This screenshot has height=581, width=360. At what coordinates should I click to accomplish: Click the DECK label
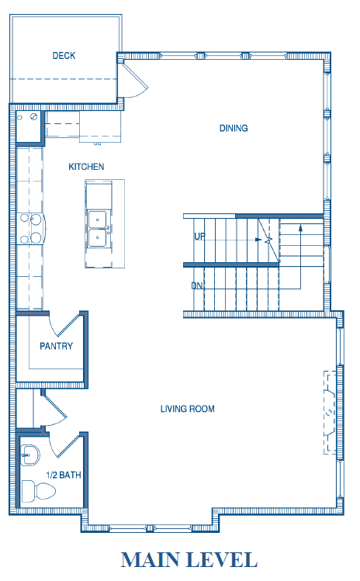pyautogui.click(x=64, y=56)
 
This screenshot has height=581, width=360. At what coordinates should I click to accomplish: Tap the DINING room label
pyautogui.click(x=234, y=128)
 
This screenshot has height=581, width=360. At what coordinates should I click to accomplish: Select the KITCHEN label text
pyautogui.click(x=86, y=167)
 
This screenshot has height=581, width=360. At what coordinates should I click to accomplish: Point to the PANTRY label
pyautogui.click(x=57, y=346)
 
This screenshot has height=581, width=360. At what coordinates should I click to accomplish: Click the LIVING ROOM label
pyautogui.click(x=188, y=409)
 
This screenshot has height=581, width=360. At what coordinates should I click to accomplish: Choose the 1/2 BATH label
pyautogui.click(x=64, y=475)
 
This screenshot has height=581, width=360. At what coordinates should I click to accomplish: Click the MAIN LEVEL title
pyautogui.click(x=189, y=560)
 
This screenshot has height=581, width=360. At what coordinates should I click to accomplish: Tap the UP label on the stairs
pyautogui.click(x=199, y=236)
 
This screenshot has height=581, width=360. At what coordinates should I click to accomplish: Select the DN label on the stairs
pyautogui.click(x=197, y=285)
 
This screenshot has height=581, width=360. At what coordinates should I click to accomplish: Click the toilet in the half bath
pyautogui.click(x=39, y=491)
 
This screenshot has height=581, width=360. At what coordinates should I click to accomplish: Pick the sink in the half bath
pyautogui.click(x=29, y=455)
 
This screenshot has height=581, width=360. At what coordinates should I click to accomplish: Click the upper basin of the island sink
pyautogui.click(x=97, y=220)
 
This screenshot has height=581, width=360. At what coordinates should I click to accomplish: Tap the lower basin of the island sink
pyautogui.click(x=97, y=238)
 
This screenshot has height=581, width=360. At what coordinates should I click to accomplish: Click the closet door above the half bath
pyautogui.click(x=54, y=410)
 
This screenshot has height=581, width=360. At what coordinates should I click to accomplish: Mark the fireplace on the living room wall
pyautogui.click(x=330, y=412)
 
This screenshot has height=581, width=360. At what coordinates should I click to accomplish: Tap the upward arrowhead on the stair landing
pyautogui.click(x=301, y=227)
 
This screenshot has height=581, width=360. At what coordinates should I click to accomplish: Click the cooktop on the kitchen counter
pyautogui.click(x=30, y=228)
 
